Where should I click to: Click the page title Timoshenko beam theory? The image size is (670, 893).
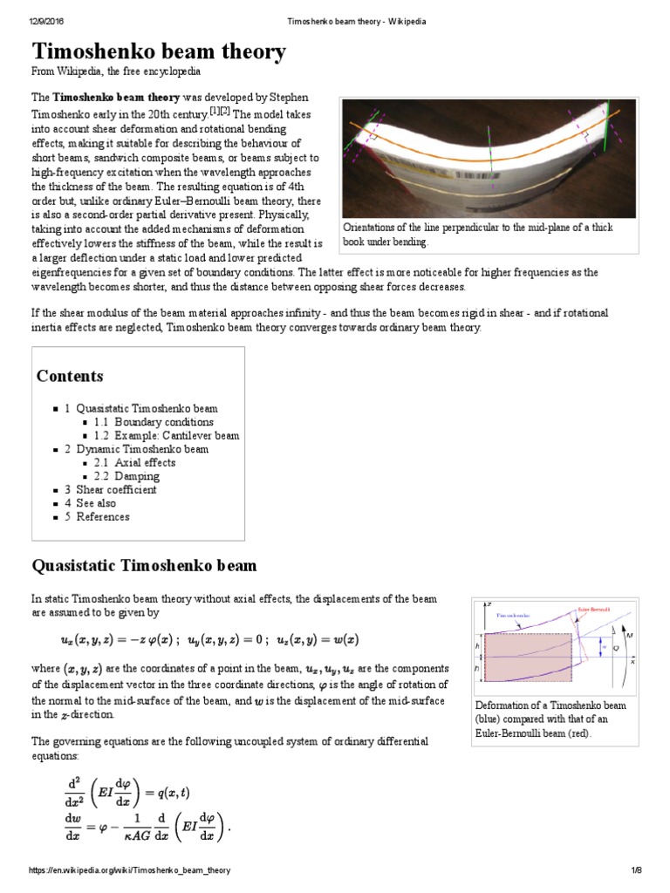tap(159, 52)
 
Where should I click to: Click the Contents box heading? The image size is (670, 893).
tap(70, 376)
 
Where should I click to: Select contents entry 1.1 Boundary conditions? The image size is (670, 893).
tap(153, 422)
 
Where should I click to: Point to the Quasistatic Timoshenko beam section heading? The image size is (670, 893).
tap(144, 566)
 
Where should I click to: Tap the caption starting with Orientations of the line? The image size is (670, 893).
tap(478, 234)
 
